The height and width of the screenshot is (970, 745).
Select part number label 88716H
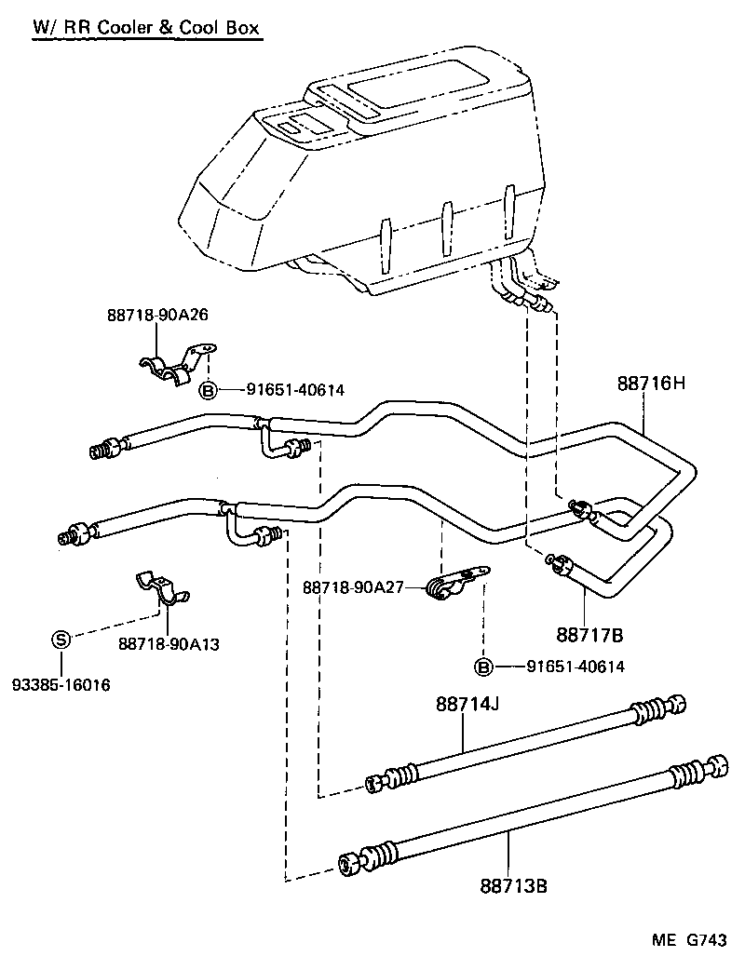tap(651, 382)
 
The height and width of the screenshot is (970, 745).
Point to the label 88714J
tap(467, 705)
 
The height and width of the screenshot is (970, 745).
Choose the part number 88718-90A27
tap(351, 587)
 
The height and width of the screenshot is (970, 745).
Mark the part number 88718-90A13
tap(169, 643)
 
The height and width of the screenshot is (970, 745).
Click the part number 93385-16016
tap(61, 686)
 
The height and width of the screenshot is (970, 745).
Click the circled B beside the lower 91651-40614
tap(483, 667)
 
